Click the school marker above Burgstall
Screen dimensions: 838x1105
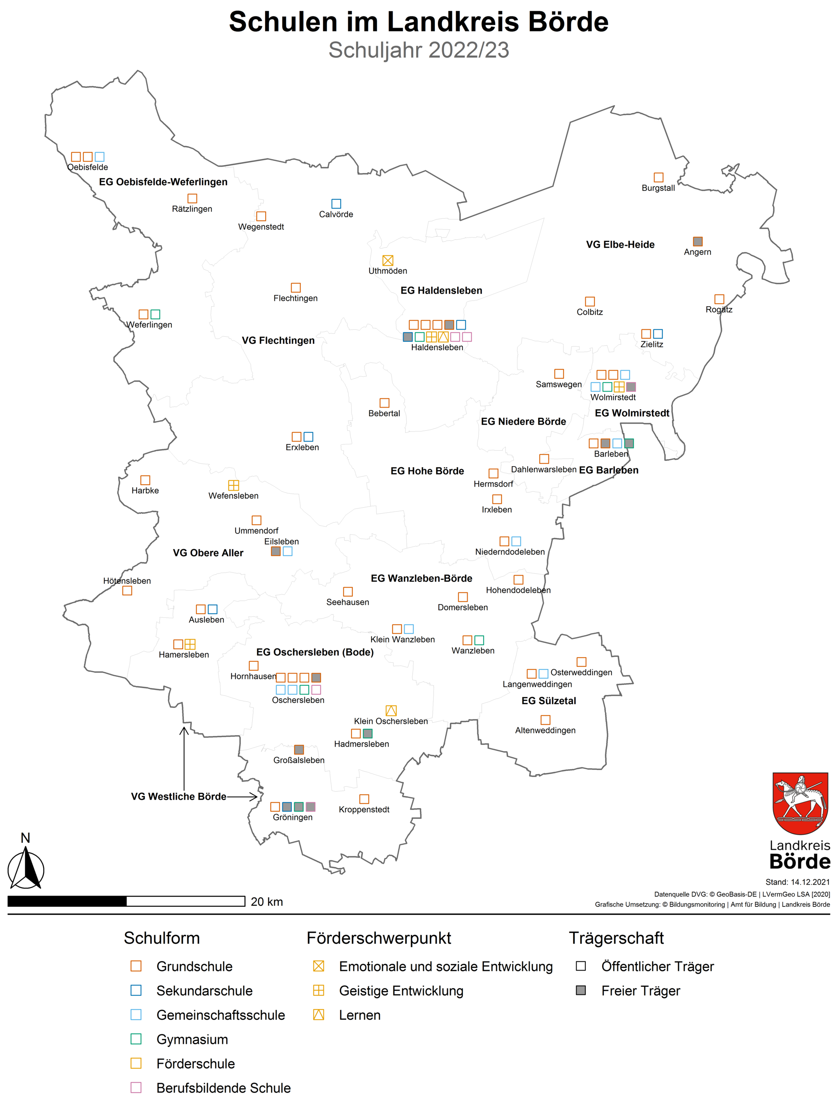[658, 177]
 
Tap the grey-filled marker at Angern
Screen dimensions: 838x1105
[698, 241]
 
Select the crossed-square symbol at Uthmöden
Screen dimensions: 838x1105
[388, 260]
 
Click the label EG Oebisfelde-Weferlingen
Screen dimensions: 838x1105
[163, 182]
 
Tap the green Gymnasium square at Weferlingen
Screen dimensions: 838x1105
[155, 314]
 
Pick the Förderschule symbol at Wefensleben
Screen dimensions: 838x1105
[233, 485]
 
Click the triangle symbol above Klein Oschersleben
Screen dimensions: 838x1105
[391, 710]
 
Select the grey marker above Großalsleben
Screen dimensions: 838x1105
[299, 749]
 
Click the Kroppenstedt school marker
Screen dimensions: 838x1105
[364, 799]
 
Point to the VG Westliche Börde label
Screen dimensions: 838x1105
[178, 796]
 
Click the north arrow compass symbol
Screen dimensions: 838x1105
[26, 869]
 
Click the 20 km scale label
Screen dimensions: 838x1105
[266, 902]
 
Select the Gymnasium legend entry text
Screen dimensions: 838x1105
[192, 1039]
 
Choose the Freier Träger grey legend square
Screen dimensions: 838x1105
[581, 990]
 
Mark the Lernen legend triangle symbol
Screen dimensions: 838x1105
[318, 1015]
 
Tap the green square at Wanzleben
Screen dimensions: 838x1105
[479, 640]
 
